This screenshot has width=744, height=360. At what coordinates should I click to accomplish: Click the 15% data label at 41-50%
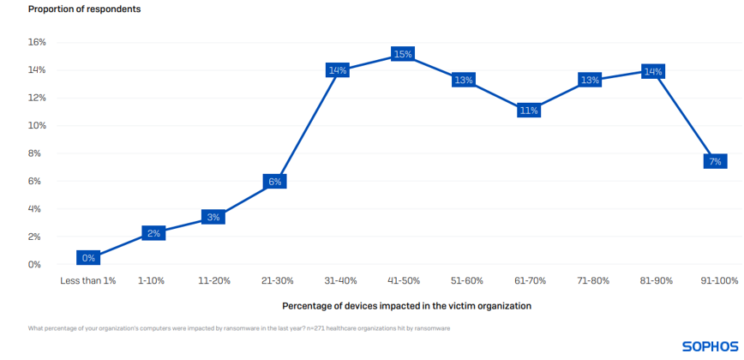(x=403, y=54)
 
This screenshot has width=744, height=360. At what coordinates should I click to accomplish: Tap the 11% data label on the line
(x=528, y=111)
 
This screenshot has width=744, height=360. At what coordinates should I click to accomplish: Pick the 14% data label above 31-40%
(x=337, y=70)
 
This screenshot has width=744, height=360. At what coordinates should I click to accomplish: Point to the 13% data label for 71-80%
(x=590, y=81)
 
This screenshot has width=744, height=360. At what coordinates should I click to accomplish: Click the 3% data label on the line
(x=213, y=218)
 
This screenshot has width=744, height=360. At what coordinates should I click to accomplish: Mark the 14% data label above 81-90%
(x=653, y=72)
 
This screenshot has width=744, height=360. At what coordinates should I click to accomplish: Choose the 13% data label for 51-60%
(x=464, y=81)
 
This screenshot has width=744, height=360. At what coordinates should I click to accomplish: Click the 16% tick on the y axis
(x=36, y=42)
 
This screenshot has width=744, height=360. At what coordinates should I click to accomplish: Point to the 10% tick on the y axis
(x=36, y=125)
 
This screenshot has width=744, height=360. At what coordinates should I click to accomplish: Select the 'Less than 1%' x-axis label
(x=87, y=281)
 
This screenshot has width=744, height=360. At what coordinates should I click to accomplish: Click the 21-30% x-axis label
(x=277, y=281)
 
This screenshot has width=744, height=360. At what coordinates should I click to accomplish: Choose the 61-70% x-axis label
(x=529, y=281)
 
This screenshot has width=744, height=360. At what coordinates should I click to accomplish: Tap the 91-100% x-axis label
(x=718, y=281)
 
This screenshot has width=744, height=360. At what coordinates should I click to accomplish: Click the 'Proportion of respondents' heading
(x=85, y=9)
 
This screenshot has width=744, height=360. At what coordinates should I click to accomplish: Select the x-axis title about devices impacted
(x=406, y=306)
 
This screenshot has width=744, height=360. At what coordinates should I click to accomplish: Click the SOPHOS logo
(x=711, y=346)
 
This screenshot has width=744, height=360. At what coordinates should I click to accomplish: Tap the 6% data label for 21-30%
(x=275, y=182)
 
